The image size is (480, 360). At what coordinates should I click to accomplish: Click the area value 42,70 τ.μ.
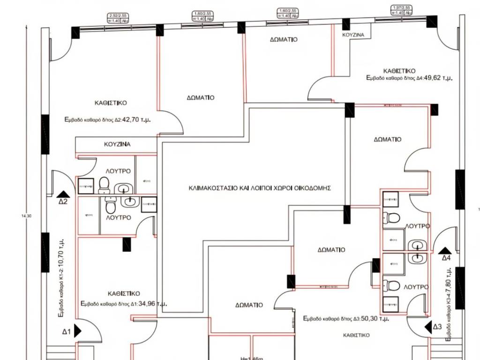click(x=139, y=120)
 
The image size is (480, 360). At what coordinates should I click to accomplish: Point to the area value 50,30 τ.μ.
click(x=373, y=318)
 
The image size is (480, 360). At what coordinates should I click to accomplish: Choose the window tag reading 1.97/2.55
click(x=401, y=7)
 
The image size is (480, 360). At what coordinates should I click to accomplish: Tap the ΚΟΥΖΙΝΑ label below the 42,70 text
click(x=117, y=144)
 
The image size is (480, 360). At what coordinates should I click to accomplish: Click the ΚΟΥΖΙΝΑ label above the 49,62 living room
click(x=353, y=35)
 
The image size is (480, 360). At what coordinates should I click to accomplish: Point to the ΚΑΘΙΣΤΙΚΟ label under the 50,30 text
click(x=356, y=335)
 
